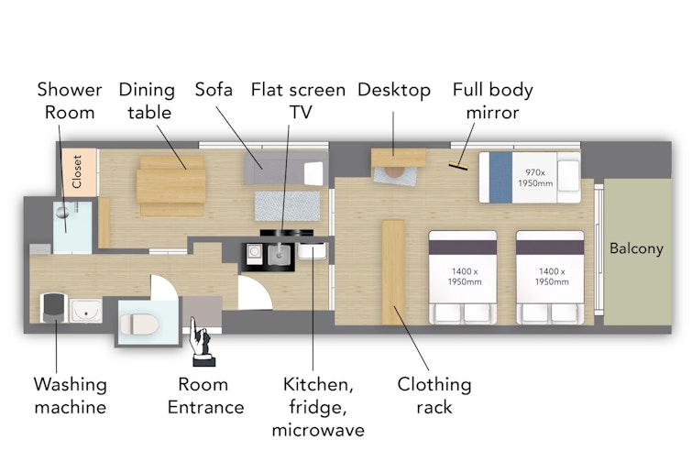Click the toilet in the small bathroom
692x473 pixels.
(x=139, y=324)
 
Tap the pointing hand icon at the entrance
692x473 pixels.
(x=202, y=342)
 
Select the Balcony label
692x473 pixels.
(x=636, y=248)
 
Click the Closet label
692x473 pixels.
(x=77, y=171)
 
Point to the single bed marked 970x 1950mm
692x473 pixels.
(x=530, y=178)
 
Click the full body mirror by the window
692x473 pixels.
(x=458, y=166)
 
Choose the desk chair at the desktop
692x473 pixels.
(x=394, y=172)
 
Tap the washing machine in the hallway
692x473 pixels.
(x=54, y=308)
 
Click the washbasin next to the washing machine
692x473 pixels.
(x=86, y=311)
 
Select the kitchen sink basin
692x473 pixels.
(x=280, y=255)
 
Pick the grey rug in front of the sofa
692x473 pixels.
(x=287, y=206)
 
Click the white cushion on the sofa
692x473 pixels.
(x=313, y=173)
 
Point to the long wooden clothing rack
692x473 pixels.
(x=393, y=272)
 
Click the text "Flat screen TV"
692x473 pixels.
(x=298, y=101)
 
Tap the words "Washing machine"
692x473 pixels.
(x=71, y=396)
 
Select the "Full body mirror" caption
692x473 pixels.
(x=492, y=101)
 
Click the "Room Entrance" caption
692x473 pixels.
(x=205, y=396)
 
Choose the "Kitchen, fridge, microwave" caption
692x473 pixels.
(x=318, y=407)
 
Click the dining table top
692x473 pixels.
(x=171, y=186)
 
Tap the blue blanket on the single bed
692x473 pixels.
(x=501, y=178)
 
